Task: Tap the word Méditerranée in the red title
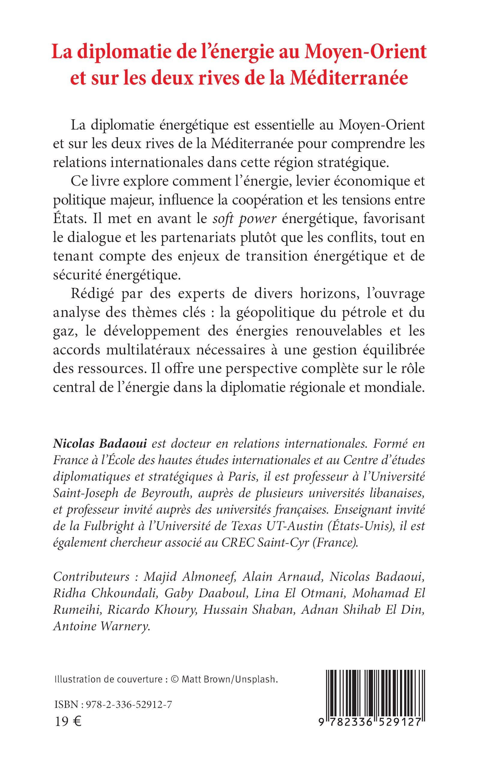(349, 78)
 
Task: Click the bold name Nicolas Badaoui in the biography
(100, 443)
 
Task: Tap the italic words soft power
(244, 219)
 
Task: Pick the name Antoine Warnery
(101, 626)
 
